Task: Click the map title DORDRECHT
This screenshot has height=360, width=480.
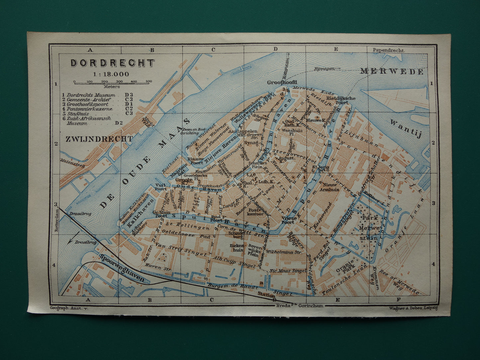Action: [x=113, y=63]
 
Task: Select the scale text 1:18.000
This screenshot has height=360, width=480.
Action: [x=113, y=74]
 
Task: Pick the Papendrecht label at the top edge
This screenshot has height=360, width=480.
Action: [x=388, y=50]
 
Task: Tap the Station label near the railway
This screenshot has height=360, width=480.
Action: [x=266, y=295]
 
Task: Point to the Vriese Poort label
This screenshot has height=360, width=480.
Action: [x=288, y=221]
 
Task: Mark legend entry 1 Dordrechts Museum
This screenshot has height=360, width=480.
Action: [x=91, y=95]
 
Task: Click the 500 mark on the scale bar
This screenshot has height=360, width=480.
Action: [x=148, y=81]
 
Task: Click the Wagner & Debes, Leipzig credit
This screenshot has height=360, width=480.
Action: [x=413, y=308]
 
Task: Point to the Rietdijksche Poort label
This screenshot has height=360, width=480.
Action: [x=341, y=101]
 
